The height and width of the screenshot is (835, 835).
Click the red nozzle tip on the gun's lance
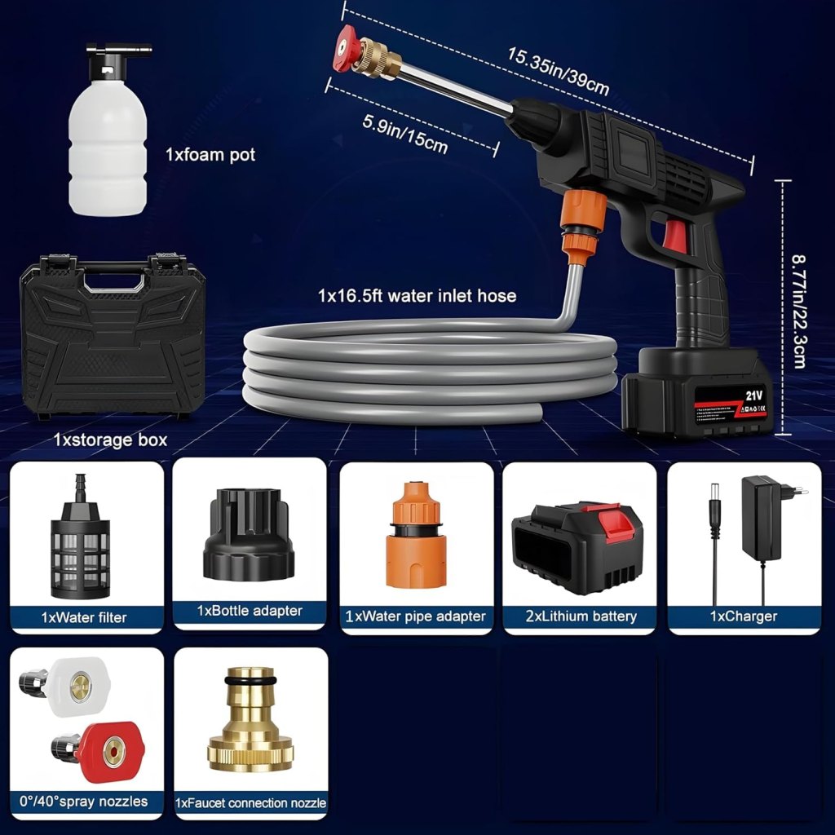pyautogui.click(x=349, y=43)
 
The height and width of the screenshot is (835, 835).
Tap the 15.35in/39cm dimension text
pyautogui.click(x=558, y=72)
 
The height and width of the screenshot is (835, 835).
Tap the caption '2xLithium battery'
pyautogui.click(x=581, y=616)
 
